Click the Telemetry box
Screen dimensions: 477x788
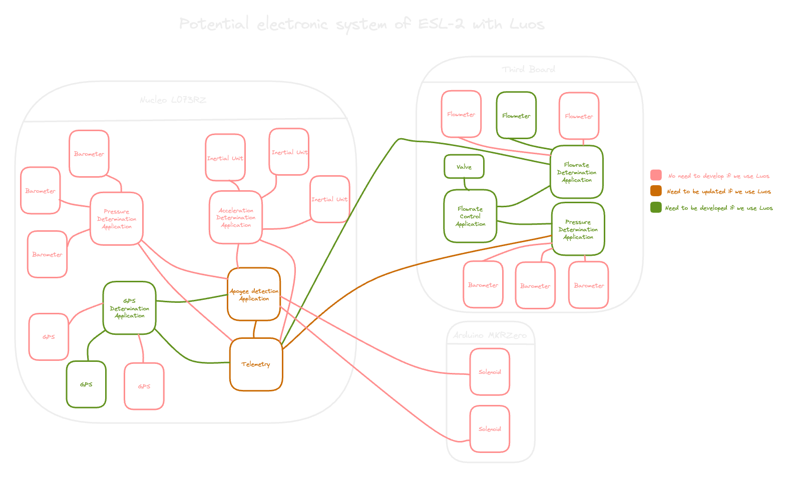pyautogui.click(x=256, y=364)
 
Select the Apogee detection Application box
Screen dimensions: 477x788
pyautogui.click(x=254, y=294)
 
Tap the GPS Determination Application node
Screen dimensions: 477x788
pyautogui.click(x=129, y=308)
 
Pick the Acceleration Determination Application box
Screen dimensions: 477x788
pyautogui.click(x=236, y=218)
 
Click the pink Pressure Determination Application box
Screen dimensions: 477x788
pyautogui.click(x=117, y=219)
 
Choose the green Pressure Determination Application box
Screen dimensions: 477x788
pyautogui.click(x=578, y=229)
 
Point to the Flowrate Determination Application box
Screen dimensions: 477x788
pyautogui.click(x=576, y=172)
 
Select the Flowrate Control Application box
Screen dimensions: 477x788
pyautogui.click(x=470, y=216)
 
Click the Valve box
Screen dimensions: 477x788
pyautogui.click(x=464, y=167)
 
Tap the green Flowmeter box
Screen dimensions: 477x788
pyautogui.click(x=516, y=116)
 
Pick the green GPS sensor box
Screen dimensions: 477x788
pyautogui.click(x=86, y=384)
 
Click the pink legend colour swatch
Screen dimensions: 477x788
pyautogui.click(x=656, y=175)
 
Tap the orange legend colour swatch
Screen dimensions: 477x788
pyautogui.click(x=656, y=191)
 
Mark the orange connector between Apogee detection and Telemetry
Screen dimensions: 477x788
pyautogui.click(x=255, y=329)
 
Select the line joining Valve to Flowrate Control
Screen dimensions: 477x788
pyautogui.click(x=466, y=184)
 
